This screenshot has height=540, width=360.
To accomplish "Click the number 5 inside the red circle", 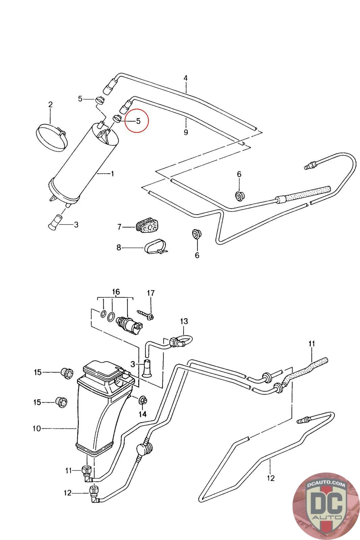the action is click(138, 121).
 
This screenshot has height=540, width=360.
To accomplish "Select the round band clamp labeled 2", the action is click(52, 137).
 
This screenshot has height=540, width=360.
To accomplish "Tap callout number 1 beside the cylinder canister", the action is click(112, 173).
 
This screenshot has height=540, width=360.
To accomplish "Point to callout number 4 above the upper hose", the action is click(185, 78).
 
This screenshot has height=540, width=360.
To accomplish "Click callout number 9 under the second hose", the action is click(186, 132).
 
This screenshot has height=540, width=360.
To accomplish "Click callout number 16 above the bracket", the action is click(116, 292).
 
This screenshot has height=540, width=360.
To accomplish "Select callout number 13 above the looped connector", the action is click(184, 321).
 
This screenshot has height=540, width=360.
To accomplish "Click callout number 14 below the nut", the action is click(143, 414).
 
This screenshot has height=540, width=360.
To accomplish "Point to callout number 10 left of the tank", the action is click(37, 428).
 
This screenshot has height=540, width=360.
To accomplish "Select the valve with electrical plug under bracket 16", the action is click(130, 323).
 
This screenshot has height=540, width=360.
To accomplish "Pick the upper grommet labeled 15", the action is click(67, 373).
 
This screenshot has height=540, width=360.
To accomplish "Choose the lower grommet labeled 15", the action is click(61, 402).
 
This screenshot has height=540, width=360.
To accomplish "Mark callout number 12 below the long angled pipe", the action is click(271, 478).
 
